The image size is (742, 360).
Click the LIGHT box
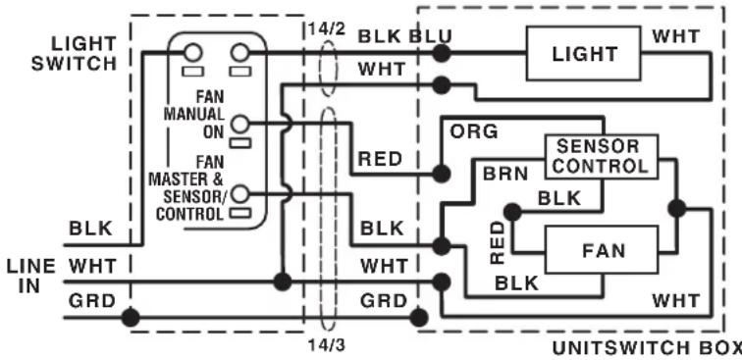pos(584,53)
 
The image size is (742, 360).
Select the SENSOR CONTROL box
pos(602,157)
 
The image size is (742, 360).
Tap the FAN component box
pos(602,250)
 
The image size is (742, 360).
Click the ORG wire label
pos(474,131)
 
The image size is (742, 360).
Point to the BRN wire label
pos(504,174)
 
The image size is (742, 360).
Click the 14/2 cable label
pos(327,28)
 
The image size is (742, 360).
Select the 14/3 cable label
pos(327,345)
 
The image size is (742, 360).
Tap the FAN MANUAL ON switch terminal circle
pos(240,124)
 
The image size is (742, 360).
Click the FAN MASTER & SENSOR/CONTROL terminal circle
pos(240,193)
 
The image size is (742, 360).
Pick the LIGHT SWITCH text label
pos(75,53)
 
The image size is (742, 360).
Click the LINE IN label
pos(30,277)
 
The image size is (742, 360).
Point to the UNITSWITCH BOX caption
pos(647,348)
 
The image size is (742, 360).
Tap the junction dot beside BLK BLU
pos(441,53)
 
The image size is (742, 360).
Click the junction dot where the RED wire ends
pos(441,174)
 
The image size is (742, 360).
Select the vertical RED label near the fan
pos(498,243)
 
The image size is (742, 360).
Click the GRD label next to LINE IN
pos(92,301)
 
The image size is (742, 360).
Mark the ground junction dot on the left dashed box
pos(131,317)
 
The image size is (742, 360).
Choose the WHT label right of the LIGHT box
pos(675,36)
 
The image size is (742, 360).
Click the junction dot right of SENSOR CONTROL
pos(676,208)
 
